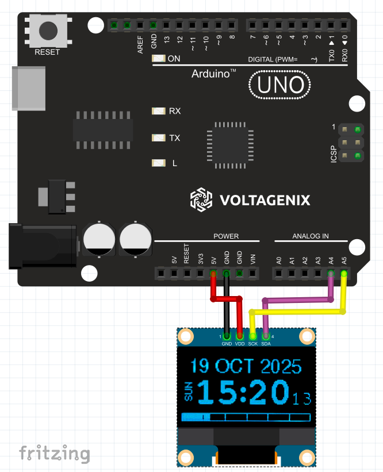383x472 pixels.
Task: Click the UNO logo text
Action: coord(280,85)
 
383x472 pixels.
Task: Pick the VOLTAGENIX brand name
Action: coord(265,200)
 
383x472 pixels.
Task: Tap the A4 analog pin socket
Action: coord(331,274)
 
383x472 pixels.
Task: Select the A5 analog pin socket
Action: coord(344,274)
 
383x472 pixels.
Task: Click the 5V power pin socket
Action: coord(213,274)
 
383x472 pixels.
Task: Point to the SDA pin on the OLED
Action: coord(266,336)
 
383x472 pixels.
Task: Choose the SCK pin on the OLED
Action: coord(252,336)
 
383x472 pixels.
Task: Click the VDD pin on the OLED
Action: coord(240,336)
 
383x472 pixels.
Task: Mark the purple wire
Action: coord(299,300)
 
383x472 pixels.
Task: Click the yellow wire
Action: coord(299,312)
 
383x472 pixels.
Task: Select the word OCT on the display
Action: coord(235,366)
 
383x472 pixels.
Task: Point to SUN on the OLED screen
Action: coord(189,392)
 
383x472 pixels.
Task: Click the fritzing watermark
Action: coord(54,453)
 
